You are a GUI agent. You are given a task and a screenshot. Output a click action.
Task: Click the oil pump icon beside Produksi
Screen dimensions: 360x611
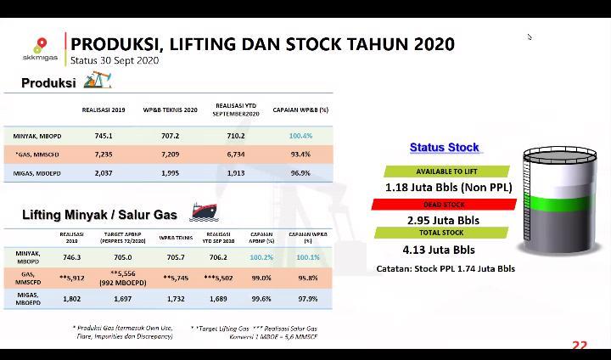click(x=98, y=82)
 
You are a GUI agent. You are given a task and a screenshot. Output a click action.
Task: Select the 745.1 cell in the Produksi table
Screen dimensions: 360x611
click(x=104, y=135)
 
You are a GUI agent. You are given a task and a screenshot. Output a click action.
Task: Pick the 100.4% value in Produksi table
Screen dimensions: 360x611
click(x=300, y=135)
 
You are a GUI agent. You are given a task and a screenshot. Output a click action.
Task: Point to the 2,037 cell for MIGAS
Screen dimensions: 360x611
click(x=104, y=172)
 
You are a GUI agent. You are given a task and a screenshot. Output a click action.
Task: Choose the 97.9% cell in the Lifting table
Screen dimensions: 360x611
click(x=308, y=298)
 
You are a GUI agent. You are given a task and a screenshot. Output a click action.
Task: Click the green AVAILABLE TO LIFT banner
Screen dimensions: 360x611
click(x=445, y=172)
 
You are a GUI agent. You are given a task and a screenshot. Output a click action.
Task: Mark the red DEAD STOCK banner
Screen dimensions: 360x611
click(x=443, y=205)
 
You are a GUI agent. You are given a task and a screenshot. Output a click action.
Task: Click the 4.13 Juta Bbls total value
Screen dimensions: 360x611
click(x=438, y=250)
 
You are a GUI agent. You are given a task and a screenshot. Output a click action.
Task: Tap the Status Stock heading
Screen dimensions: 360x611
click(x=445, y=147)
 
